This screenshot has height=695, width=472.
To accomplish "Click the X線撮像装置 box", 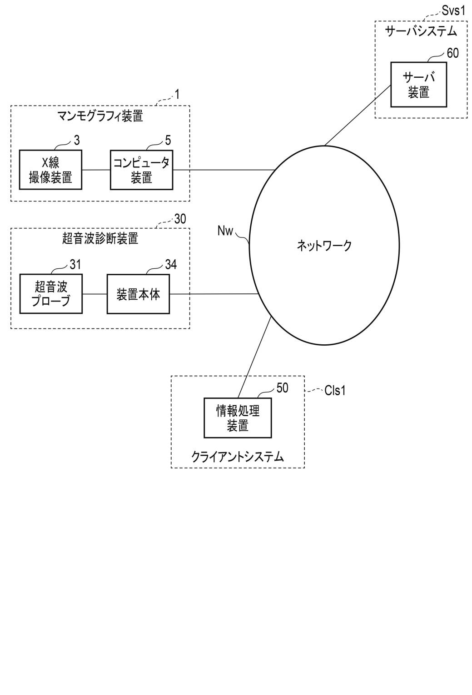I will pyautogui.click(x=50, y=170).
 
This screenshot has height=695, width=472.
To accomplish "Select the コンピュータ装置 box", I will pyautogui.click(x=141, y=170).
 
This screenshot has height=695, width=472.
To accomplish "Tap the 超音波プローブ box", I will pyautogui.click(x=51, y=293).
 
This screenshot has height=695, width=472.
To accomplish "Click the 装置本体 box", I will pyautogui.click(x=138, y=294).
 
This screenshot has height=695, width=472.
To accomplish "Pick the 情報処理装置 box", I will pyautogui.click(x=238, y=418).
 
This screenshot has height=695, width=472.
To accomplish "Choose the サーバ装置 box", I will pyautogui.click(x=418, y=85).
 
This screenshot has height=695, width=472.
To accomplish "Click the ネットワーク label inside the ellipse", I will pyautogui.click(x=324, y=246).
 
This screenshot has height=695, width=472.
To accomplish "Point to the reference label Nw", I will pyautogui.click(x=225, y=231).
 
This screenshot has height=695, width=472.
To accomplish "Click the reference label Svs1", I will pyautogui.click(x=454, y=10).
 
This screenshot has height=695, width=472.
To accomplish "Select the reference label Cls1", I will pyautogui.click(x=335, y=390).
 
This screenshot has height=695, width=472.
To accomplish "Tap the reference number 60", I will pyautogui.click(x=452, y=53).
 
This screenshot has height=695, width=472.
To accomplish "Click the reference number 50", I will pyautogui.click(x=282, y=388).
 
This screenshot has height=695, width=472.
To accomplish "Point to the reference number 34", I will pyautogui.click(x=170, y=264).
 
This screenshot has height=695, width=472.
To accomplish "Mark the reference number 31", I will pyautogui.click(x=75, y=264).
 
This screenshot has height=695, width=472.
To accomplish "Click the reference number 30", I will pyautogui.click(x=180, y=219).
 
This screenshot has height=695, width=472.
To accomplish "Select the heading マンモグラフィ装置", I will pyautogui.click(x=100, y=116).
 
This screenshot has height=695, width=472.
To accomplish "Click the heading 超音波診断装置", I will pyautogui.click(x=100, y=238).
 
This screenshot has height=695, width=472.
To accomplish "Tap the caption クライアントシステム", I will pyautogui.click(x=238, y=456).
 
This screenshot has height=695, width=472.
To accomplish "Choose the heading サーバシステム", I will pyautogui.click(x=421, y=31).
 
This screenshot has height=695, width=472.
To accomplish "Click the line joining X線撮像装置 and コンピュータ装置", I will pyautogui.click(x=96, y=170).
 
